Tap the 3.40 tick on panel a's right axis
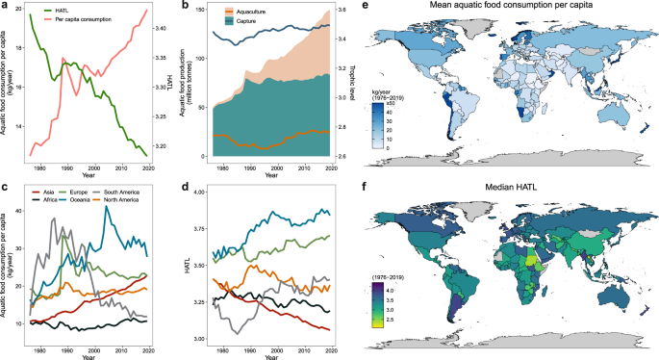tap(162, 29)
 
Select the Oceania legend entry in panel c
tap(72, 198)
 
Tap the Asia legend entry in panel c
tap(38, 190)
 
